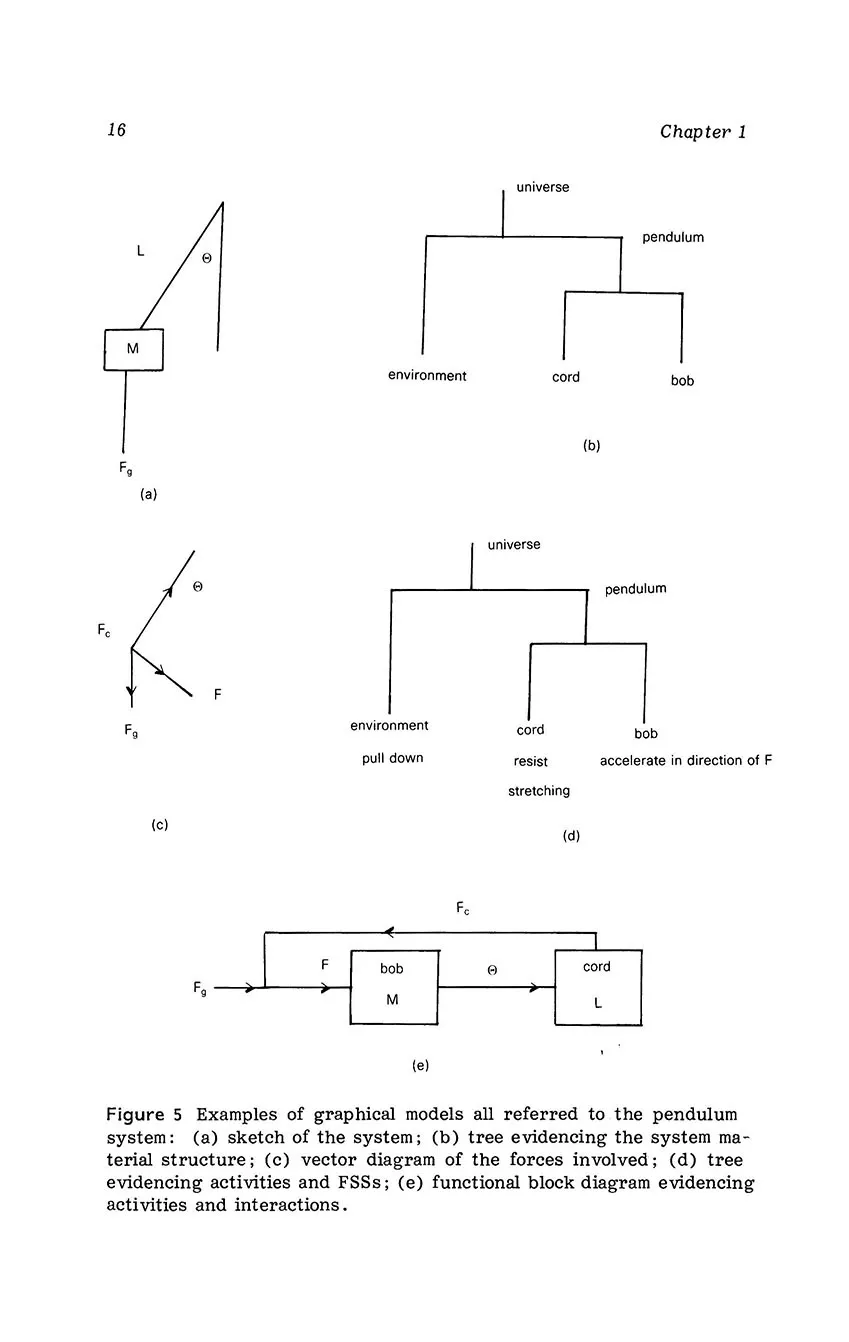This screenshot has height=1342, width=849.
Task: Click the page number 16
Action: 116,130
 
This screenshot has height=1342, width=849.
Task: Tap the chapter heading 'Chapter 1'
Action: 702,132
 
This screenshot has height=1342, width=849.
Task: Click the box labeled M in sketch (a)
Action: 133,349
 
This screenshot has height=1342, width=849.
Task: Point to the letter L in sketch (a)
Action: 141,252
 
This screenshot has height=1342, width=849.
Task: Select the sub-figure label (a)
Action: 149,493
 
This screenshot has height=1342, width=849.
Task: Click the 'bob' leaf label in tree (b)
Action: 682,381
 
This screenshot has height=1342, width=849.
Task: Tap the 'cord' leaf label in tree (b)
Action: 566,377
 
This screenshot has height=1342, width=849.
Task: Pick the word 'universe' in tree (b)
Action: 542,187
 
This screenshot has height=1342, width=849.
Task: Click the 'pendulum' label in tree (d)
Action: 635,589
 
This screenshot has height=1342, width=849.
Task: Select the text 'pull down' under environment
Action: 392,758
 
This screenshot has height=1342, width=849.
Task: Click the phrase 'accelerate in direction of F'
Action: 686,761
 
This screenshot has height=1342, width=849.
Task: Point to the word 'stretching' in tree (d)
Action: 539,791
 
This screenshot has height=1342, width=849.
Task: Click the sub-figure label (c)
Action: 159,825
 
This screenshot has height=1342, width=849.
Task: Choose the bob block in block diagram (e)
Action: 393,987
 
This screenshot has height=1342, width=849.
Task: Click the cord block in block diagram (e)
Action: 598,987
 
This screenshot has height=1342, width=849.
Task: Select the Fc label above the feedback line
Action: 463,909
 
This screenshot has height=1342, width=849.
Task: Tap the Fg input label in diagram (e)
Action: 201,988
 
